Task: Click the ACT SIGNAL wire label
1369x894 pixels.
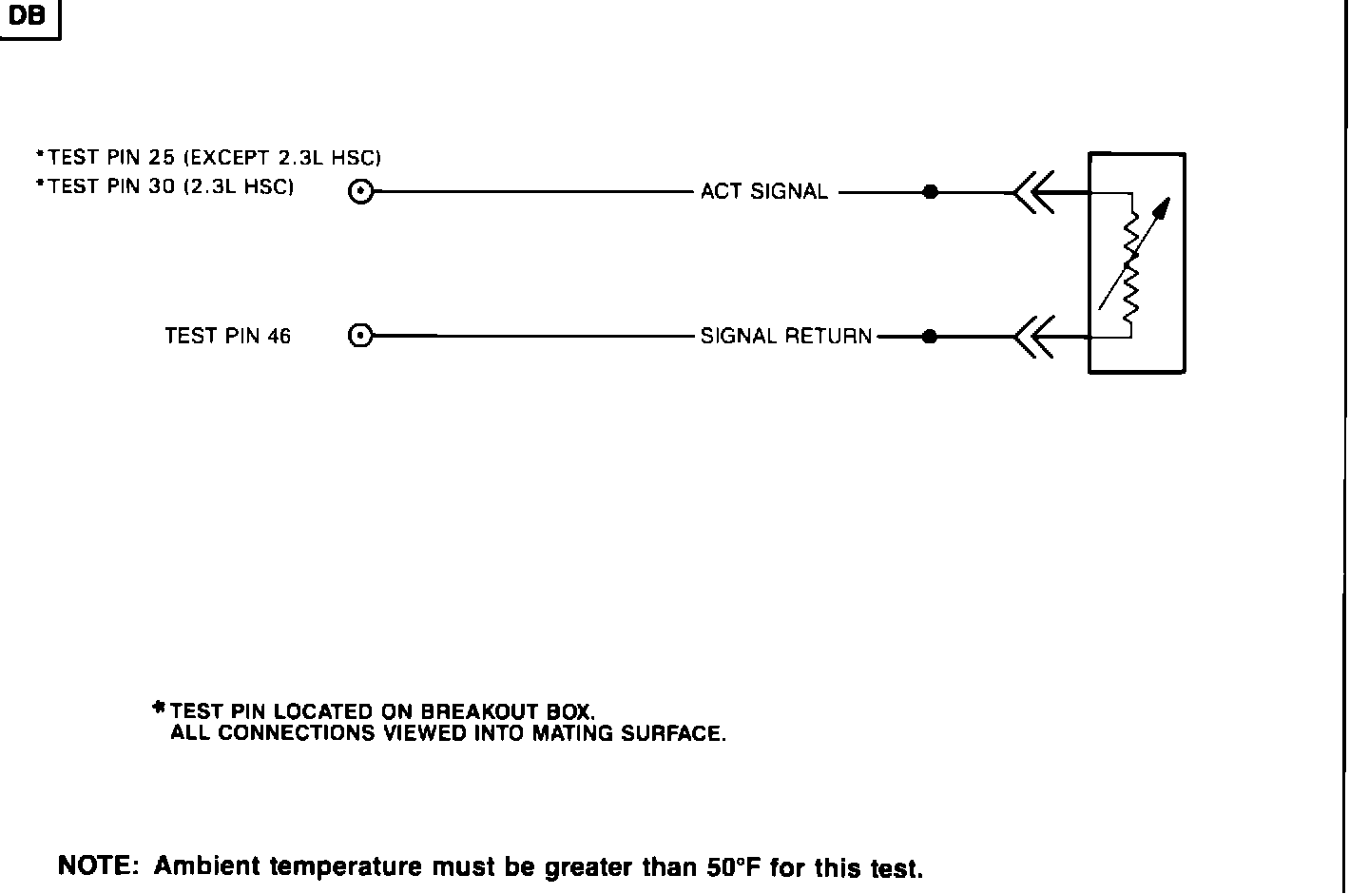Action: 763,192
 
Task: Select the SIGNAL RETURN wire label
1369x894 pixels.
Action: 785,336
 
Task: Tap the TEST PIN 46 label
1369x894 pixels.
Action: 227,336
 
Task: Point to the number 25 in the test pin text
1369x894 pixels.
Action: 163,158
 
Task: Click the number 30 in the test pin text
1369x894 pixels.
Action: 163,187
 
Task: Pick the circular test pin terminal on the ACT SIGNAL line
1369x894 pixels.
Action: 360,192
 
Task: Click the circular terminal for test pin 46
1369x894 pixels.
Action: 360,336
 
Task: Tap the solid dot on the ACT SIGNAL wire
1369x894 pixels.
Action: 931,192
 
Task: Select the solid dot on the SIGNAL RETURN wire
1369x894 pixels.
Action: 931,336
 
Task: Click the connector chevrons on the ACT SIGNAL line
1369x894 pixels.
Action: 1032,193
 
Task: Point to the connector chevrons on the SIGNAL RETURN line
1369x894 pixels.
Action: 1032,337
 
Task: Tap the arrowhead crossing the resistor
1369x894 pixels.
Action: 1164,207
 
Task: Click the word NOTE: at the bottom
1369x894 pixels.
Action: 99,866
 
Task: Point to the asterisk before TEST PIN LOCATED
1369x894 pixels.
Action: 159,708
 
